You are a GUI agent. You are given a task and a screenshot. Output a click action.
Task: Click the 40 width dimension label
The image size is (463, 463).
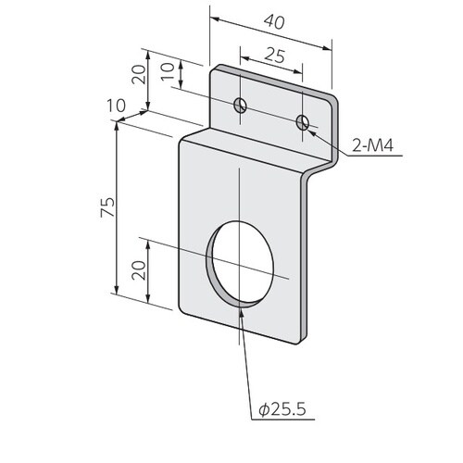(274, 22)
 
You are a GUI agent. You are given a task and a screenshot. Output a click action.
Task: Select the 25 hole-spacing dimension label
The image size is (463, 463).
(275, 56)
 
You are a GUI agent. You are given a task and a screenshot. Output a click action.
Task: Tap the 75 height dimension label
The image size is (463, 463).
(107, 207)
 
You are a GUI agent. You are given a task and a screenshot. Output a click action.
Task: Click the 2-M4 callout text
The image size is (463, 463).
(373, 145)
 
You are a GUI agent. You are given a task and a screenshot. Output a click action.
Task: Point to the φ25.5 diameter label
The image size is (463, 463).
(282, 409)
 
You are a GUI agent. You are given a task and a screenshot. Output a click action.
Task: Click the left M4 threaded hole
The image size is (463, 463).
(240, 106)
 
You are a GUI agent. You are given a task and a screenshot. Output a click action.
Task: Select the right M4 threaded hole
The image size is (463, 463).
(303, 122)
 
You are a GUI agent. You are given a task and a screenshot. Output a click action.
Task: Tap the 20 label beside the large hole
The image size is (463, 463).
(138, 270)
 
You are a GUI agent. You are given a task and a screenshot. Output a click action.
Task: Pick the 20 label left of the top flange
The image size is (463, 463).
(138, 74)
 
